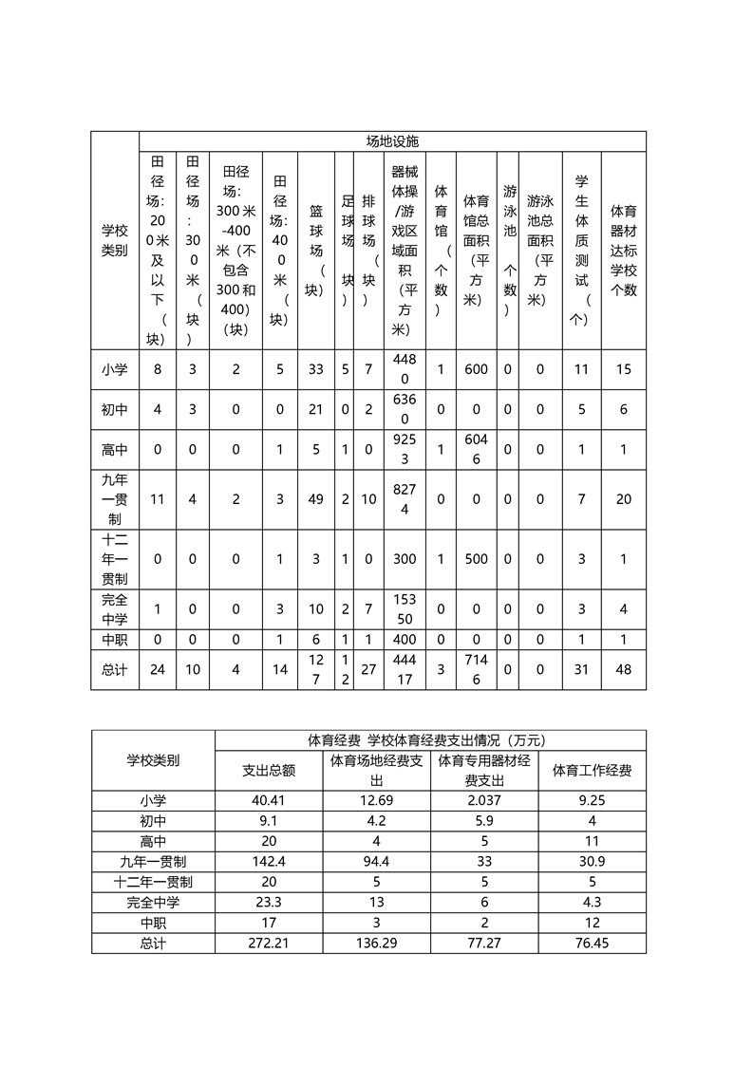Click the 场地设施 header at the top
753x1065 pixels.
(x=392, y=140)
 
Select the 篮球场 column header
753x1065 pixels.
(x=315, y=251)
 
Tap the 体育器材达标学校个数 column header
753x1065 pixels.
(x=623, y=251)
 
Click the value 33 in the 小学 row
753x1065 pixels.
(x=315, y=369)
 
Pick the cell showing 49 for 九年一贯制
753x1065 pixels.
(x=315, y=499)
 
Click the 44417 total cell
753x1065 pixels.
(x=405, y=669)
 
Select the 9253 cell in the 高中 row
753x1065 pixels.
(x=405, y=449)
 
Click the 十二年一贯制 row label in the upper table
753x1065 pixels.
(x=115, y=559)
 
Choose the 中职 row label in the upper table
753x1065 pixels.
(x=115, y=641)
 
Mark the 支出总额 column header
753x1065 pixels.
(x=269, y=771)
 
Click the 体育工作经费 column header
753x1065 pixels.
(x=592, y=771)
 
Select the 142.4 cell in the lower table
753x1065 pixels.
(x=269, y=862)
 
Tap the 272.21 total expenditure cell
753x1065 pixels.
(x=269, y=944)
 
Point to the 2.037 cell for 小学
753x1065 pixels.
(x=484, y=801)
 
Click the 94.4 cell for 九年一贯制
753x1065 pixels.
(x=377, y=862)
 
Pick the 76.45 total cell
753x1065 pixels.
(x=592, y=944)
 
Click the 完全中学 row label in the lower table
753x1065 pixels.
(x=153, y=903)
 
